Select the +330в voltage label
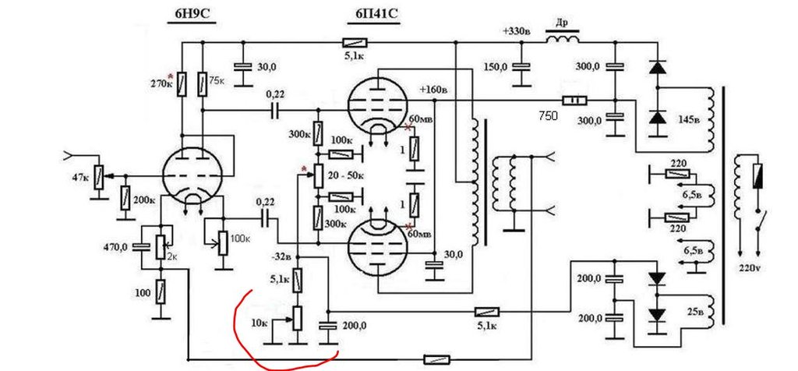click(517, 31)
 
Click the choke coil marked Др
click(563, 40)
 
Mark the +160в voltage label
click(433, 90)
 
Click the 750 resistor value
click(548, 116)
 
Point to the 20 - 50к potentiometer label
click(345, 176)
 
